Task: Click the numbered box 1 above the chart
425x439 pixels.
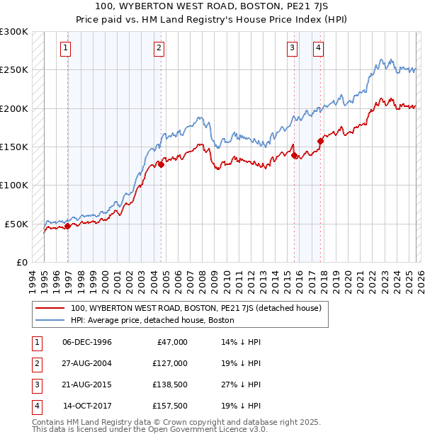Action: [65, 48]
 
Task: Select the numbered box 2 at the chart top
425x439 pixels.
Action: [158, 48]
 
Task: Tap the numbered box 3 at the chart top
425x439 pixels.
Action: [292, 48]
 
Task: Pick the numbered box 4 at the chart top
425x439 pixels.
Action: [319, 48]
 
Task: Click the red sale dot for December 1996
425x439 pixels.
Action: [68, 227]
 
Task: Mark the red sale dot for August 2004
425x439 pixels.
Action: [161, 164]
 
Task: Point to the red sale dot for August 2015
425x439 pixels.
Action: [294, 156]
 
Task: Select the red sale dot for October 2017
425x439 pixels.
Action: [320, 141]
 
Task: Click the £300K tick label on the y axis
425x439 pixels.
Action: [13, 32]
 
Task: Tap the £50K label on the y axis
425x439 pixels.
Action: [16, 224]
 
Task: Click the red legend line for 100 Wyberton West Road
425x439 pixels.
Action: [50, 308]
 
